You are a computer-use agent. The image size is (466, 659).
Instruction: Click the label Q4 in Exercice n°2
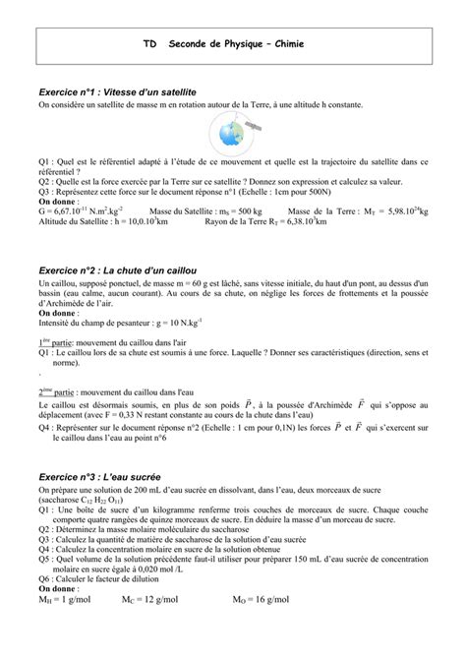(x=44, y=428)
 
